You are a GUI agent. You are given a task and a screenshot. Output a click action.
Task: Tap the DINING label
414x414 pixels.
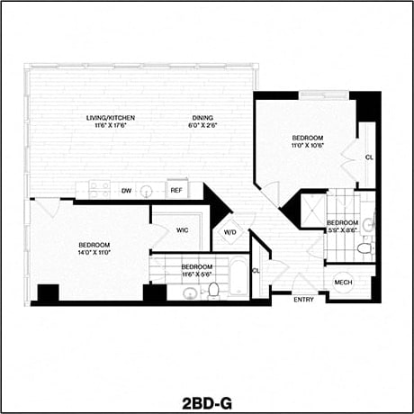[202, 117]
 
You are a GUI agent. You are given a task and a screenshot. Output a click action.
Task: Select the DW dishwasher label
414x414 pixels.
[126, 190]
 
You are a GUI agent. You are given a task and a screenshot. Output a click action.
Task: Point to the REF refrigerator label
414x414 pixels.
[176, 190]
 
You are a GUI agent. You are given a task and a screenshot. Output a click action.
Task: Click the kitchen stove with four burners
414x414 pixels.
[99, 189]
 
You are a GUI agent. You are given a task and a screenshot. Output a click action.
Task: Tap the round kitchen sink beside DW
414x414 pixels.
[149, 190]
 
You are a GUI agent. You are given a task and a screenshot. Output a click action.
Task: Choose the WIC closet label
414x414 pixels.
[182, 230]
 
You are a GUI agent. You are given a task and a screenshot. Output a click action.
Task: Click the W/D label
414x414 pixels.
[229, 233]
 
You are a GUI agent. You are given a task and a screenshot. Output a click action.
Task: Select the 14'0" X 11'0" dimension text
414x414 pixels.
[94, 254]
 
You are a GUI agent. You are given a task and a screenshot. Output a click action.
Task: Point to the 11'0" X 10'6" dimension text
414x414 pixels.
[307, 144]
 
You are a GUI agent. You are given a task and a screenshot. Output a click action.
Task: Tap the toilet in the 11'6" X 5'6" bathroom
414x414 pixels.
[214, 290]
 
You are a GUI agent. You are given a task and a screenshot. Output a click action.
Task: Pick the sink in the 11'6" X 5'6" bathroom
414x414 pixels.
[190, 293]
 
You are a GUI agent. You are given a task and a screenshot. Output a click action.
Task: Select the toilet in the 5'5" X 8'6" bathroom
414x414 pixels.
[364, 248]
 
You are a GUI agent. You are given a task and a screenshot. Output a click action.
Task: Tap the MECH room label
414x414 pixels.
[343, 283]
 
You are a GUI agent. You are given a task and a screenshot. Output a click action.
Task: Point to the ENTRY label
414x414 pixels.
[305, 300]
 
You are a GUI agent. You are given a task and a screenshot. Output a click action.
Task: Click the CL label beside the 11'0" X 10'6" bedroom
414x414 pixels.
[369, 157]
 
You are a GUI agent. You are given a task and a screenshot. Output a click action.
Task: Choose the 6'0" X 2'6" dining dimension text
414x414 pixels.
[202, 126]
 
